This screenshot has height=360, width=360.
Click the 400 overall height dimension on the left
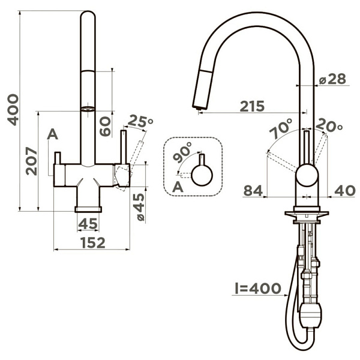13,110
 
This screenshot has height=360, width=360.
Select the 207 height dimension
31,161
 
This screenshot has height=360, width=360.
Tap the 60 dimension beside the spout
105,126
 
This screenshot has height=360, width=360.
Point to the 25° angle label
140,121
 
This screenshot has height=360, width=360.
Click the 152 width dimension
93,242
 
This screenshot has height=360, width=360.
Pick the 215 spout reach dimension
253,106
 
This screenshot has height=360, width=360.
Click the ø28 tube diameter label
332,79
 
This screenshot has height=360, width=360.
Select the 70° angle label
281,128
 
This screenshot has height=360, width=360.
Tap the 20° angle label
329,125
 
